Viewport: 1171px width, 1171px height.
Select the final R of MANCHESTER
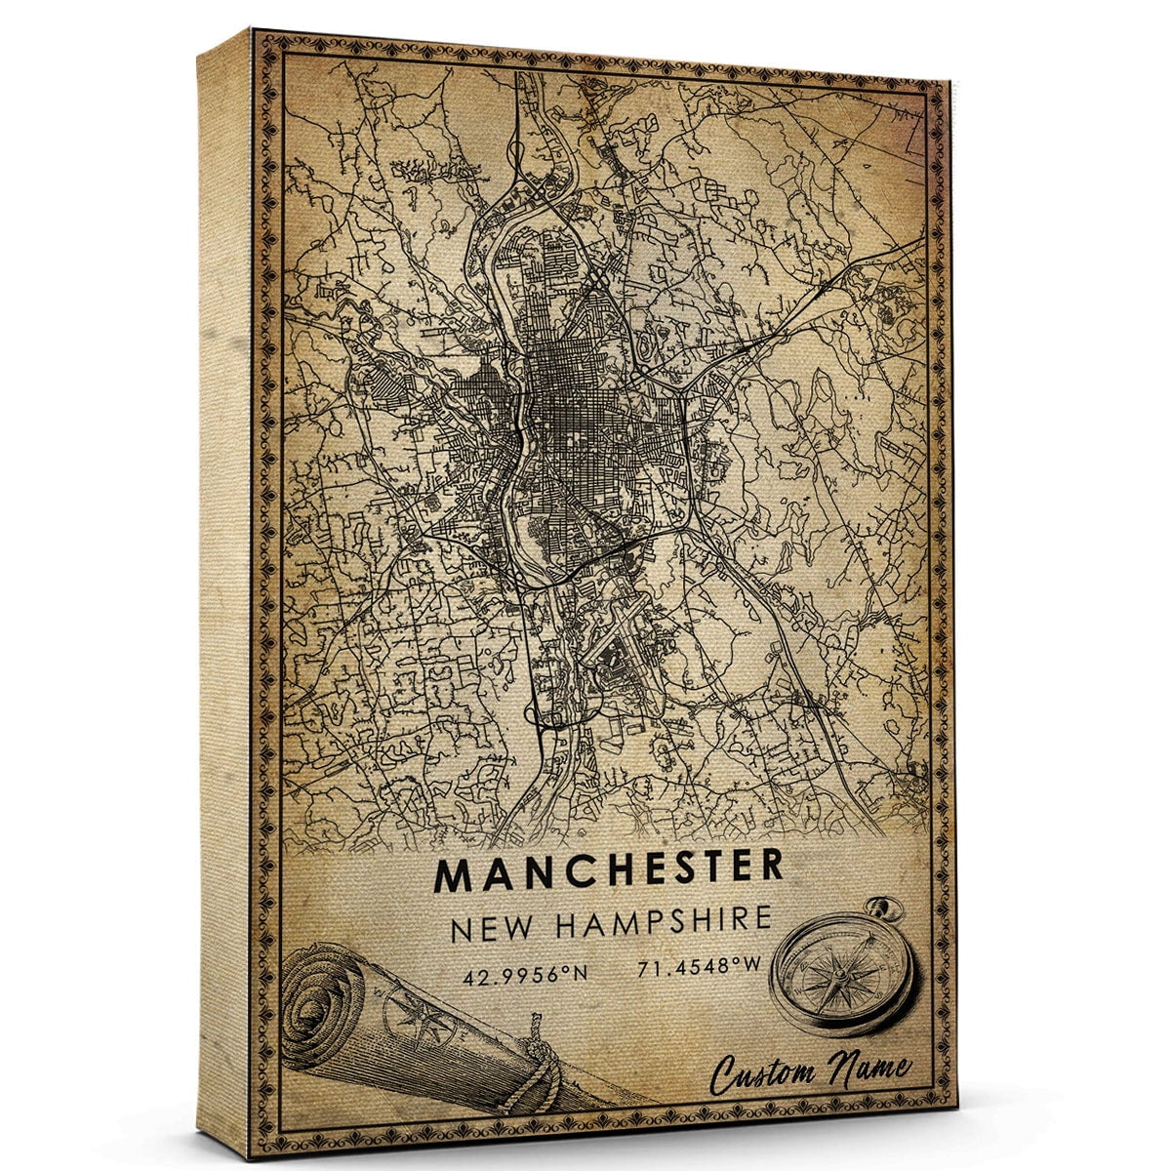click(x=771, y=865)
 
